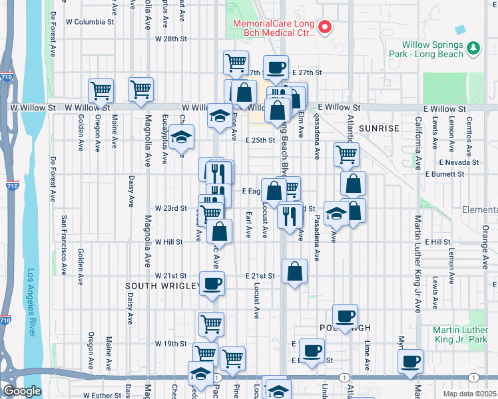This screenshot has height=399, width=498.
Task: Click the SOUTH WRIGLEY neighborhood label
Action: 162,285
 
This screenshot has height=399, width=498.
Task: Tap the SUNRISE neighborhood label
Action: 378,128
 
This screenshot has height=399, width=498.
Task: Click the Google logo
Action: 22,391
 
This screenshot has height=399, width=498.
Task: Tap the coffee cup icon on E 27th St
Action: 276,66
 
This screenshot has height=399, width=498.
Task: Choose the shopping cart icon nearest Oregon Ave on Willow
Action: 101,89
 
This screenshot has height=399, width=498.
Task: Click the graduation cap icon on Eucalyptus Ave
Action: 181,137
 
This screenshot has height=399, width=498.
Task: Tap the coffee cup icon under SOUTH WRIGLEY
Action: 212,284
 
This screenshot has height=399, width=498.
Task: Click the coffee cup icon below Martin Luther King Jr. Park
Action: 409,361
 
